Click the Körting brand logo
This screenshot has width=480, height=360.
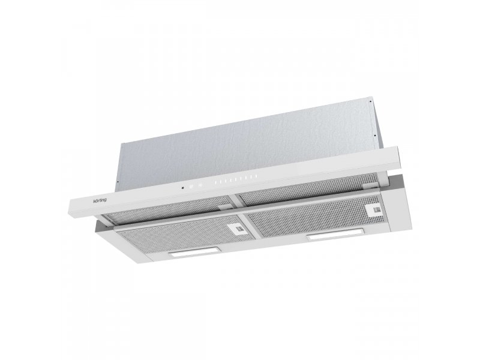coord(100,200)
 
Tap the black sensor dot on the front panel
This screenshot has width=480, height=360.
coord(182,188)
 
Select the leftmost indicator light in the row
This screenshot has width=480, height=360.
coord(215,183)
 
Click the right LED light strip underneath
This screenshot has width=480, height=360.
coord(336,233)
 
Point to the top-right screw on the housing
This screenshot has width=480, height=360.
coord(371,101)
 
